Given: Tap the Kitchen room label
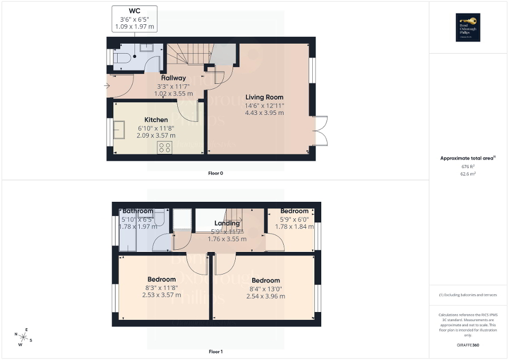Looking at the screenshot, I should tap(156, 120).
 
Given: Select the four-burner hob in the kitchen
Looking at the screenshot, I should tap(165, 148).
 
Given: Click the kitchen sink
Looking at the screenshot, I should tap(119, 130).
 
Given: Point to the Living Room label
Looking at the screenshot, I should tap(264, 97).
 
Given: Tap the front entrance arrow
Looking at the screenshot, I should tap(107, 84).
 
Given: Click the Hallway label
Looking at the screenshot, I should tap(174, 78).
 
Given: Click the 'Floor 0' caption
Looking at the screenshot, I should tap(215, 173).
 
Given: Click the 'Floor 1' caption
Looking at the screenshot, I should tap(215, 351).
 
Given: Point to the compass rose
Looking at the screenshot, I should tap(24, 336).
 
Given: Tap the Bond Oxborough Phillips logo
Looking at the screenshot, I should tap(466, 27).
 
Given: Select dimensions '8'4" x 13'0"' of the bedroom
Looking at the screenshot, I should tap(265, 288).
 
